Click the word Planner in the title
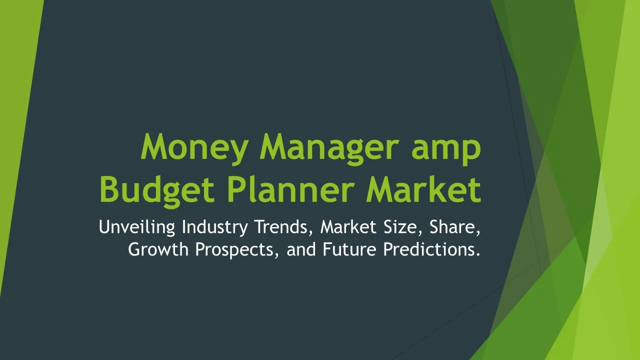290,189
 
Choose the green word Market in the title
423,189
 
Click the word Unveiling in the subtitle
137,227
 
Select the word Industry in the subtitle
215,227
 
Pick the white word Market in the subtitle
348,226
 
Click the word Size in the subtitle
403,227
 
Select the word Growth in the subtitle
158,249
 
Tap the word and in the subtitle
301,249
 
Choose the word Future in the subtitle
349,249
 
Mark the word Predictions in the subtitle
428,249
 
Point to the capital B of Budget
109,189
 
